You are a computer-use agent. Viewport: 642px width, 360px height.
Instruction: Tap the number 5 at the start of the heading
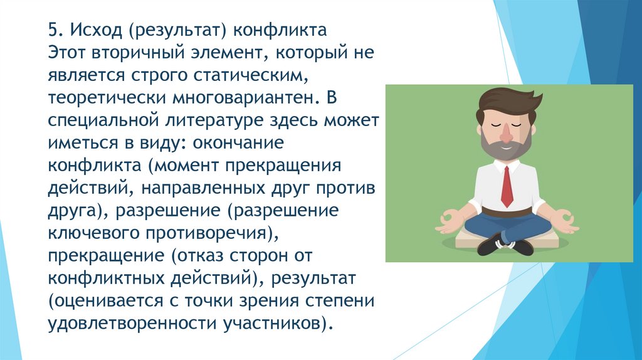coord(53,31)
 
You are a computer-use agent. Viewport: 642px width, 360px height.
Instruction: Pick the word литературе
coord(196,122)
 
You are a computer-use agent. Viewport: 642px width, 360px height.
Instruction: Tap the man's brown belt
coord(506,211)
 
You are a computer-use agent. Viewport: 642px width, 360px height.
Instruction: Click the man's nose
coord(507,134)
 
